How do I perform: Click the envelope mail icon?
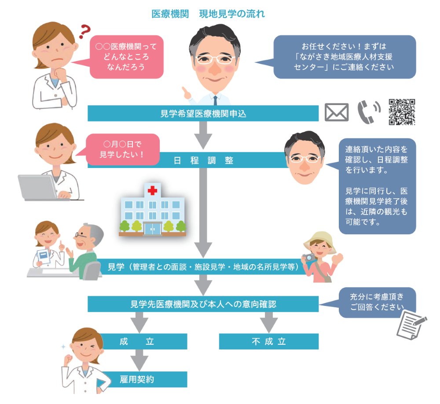coord(336,113)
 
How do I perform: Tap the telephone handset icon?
coord(369,113)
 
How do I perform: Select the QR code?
coord(402,112)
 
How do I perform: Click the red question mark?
coord(84,32)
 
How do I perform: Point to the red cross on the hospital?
coord(152,190)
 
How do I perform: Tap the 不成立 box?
coord(268,342)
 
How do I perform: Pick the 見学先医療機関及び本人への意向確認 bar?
coord(203,304)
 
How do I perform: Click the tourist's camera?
coord(310,258)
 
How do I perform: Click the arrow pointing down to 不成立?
coord(268,323)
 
